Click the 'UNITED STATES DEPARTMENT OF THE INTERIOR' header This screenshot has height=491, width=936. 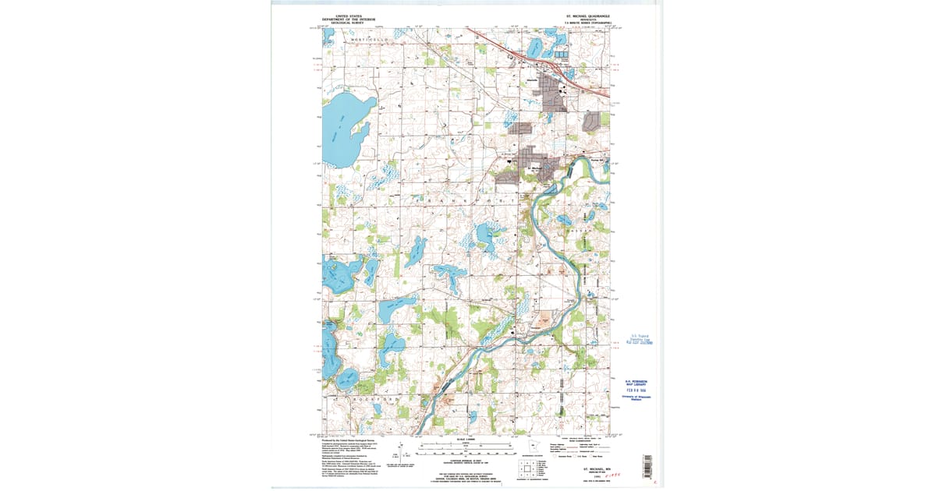pyautogui.click(x=349, y=19)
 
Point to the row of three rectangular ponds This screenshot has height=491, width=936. pyautogui.click(x=562, y=54)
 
